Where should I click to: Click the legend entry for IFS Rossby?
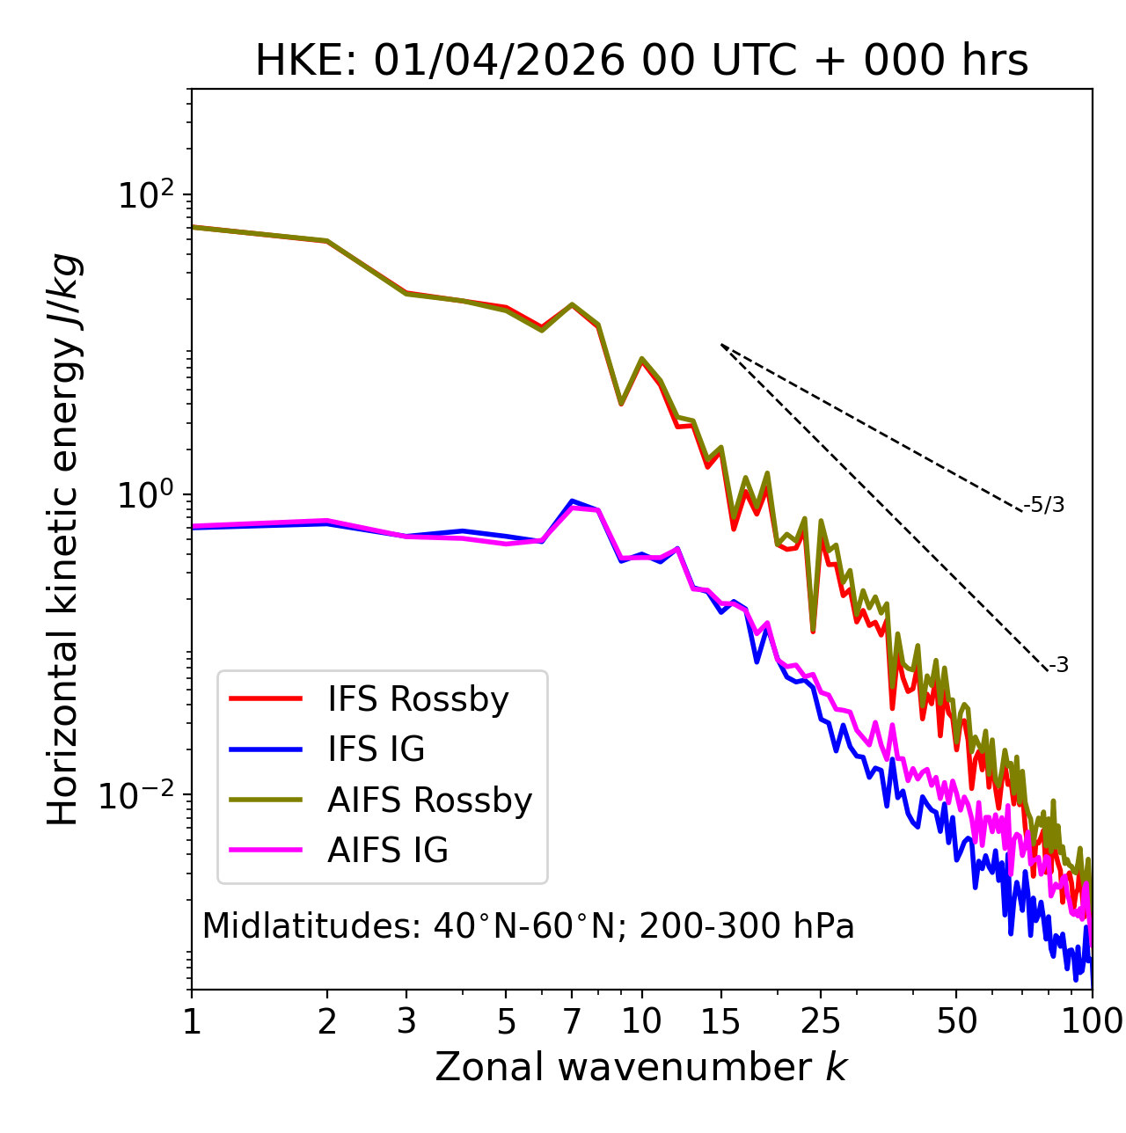pos(418,699)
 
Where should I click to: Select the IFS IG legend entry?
pos(376,749)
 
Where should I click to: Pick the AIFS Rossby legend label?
pos(429,800)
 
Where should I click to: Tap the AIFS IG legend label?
pos(388,851)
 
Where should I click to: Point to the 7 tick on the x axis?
pos(572,1021)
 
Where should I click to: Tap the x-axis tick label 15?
pos(720,1021)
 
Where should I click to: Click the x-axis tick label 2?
pos(327,1021)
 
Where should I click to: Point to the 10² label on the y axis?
pos(146,194)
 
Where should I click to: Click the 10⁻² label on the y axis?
pos(141,795)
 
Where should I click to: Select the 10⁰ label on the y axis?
pos(146,495)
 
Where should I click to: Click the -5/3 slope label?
pos(1044,505)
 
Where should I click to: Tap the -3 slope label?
pos(1058,666)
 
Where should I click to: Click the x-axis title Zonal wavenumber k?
pos(641,1067)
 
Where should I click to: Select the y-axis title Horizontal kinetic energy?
pos(63,539)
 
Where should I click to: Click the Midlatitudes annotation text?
pos(528,926)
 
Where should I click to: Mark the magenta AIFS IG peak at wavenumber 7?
pos(572,508)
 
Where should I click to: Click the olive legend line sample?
pos(266,800)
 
